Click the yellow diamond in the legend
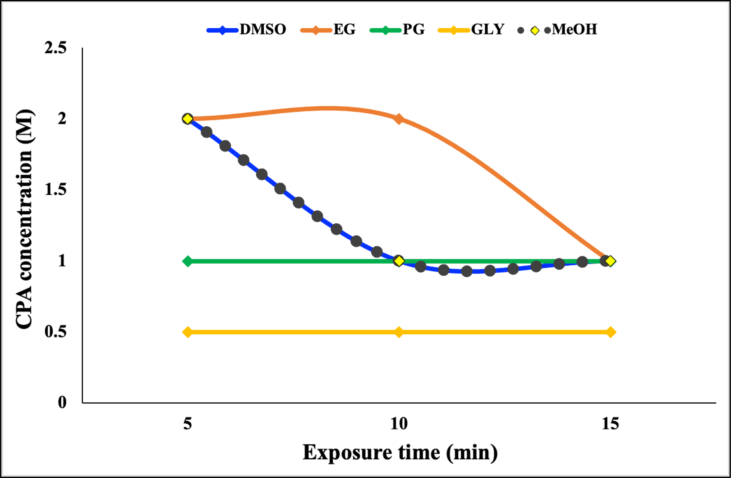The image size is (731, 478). (535, 31)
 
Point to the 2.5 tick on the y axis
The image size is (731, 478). (55, 49)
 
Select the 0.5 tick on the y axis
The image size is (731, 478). (55, 332)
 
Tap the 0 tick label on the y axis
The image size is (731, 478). (62, 402)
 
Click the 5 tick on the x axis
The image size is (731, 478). (187, 424)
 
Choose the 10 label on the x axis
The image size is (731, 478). (399, 424)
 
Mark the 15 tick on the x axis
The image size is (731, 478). (610, 424)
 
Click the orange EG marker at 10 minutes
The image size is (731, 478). (399, 119)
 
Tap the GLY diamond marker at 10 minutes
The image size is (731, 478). (399, 332)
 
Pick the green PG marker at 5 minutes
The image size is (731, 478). (187, 261)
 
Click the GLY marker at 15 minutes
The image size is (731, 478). (611, 332)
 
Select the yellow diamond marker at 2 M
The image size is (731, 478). (187, 119)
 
